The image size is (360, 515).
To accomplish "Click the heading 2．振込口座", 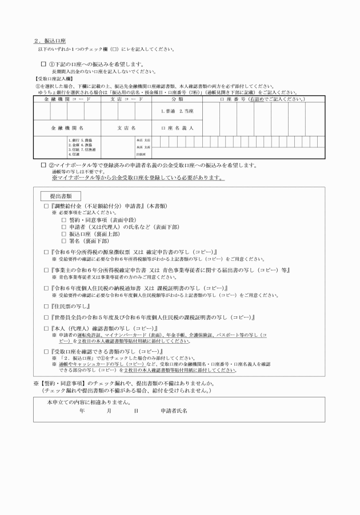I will coord(50,41).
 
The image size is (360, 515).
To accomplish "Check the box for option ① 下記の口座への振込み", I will coord(43,65).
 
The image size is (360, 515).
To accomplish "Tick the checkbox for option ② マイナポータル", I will coord(43,165).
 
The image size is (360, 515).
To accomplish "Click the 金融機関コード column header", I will coord(67,99).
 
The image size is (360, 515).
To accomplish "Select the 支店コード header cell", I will coord(126,99).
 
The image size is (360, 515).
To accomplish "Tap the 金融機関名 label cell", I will coord(67,128).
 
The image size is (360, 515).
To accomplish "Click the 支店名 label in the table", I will coord(126,128).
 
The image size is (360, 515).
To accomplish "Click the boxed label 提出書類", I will coord(63,196).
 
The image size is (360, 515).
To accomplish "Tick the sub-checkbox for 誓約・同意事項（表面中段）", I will coord(63,219).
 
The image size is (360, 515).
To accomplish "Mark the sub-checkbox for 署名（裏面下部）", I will coord(63,241).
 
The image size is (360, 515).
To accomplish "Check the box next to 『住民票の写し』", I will coord(46,307).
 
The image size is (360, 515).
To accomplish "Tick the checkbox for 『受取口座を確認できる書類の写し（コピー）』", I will coord(46,350).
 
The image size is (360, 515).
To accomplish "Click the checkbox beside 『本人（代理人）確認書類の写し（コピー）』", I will coord(46,329).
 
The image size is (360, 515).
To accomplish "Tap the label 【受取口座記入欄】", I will coord(54,78).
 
